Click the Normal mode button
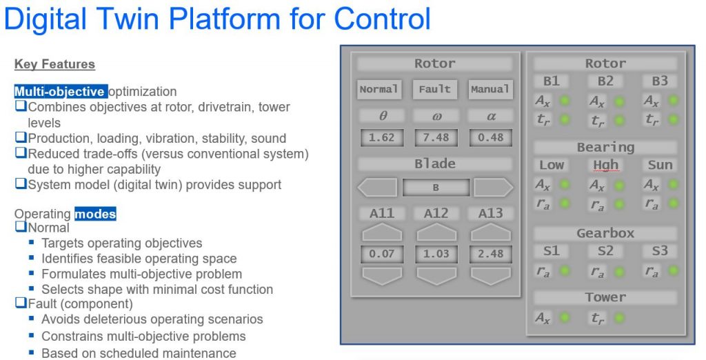(x=379, y=89)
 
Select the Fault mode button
(x=434, y=89)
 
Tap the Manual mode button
(x=490, y=89)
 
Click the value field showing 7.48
(x=436, y=137)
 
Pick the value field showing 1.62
(x=381, y=137)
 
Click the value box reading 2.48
(x=490, y=254)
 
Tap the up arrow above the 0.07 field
(x=381, y=233)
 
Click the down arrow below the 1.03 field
(x=436, y=276)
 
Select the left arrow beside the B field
(x=377, y=188)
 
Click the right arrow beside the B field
(x=493, y=188)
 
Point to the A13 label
(x=491, y=214)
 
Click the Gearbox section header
(x=605, y=233)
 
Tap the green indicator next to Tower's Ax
(x=565, y=318)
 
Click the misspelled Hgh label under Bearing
(x=605, y=165)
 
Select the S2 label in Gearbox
(x=605, y=251)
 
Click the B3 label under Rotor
(x=660, y=81)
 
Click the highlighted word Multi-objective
(x=61, y=91)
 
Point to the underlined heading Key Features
(x=54, y=64)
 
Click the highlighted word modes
(x=95, y=214)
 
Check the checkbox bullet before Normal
(x=20, y=227)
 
